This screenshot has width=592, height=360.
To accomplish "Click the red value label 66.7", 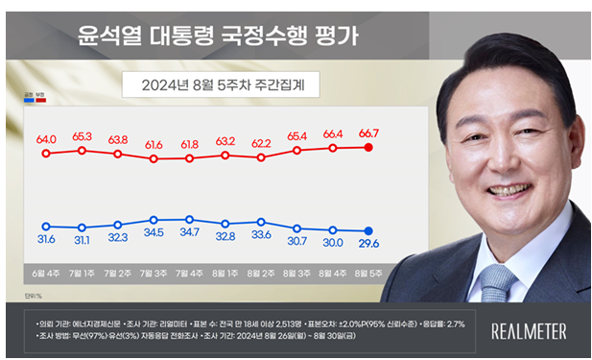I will click(368, 132).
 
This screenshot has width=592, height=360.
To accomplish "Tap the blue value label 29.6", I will click(368, 245).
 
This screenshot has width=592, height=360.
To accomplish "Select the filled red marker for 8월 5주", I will click(368, 147).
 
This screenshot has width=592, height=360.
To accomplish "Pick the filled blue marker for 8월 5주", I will click(368, 230).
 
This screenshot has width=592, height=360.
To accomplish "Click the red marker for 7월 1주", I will click(83, 151).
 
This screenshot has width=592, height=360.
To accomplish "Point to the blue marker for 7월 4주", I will click(189, 219).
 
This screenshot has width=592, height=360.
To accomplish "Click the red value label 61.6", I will click(154, 143).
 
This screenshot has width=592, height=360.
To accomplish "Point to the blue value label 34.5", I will click(154, 233).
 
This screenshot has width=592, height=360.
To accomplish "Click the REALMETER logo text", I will click(528, 331).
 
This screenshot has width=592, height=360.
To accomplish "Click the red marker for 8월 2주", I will click(261, 156).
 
